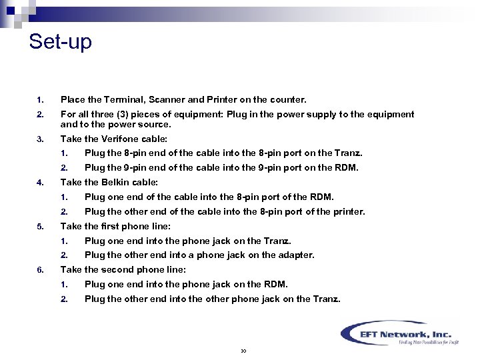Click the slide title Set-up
point(60,42)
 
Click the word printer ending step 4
point(347,212)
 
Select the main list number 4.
point(39,182)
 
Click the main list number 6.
point(39,269)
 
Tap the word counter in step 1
point(288,100)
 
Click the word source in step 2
point(156,124)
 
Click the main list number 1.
point(39,100)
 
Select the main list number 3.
point(39,139)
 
